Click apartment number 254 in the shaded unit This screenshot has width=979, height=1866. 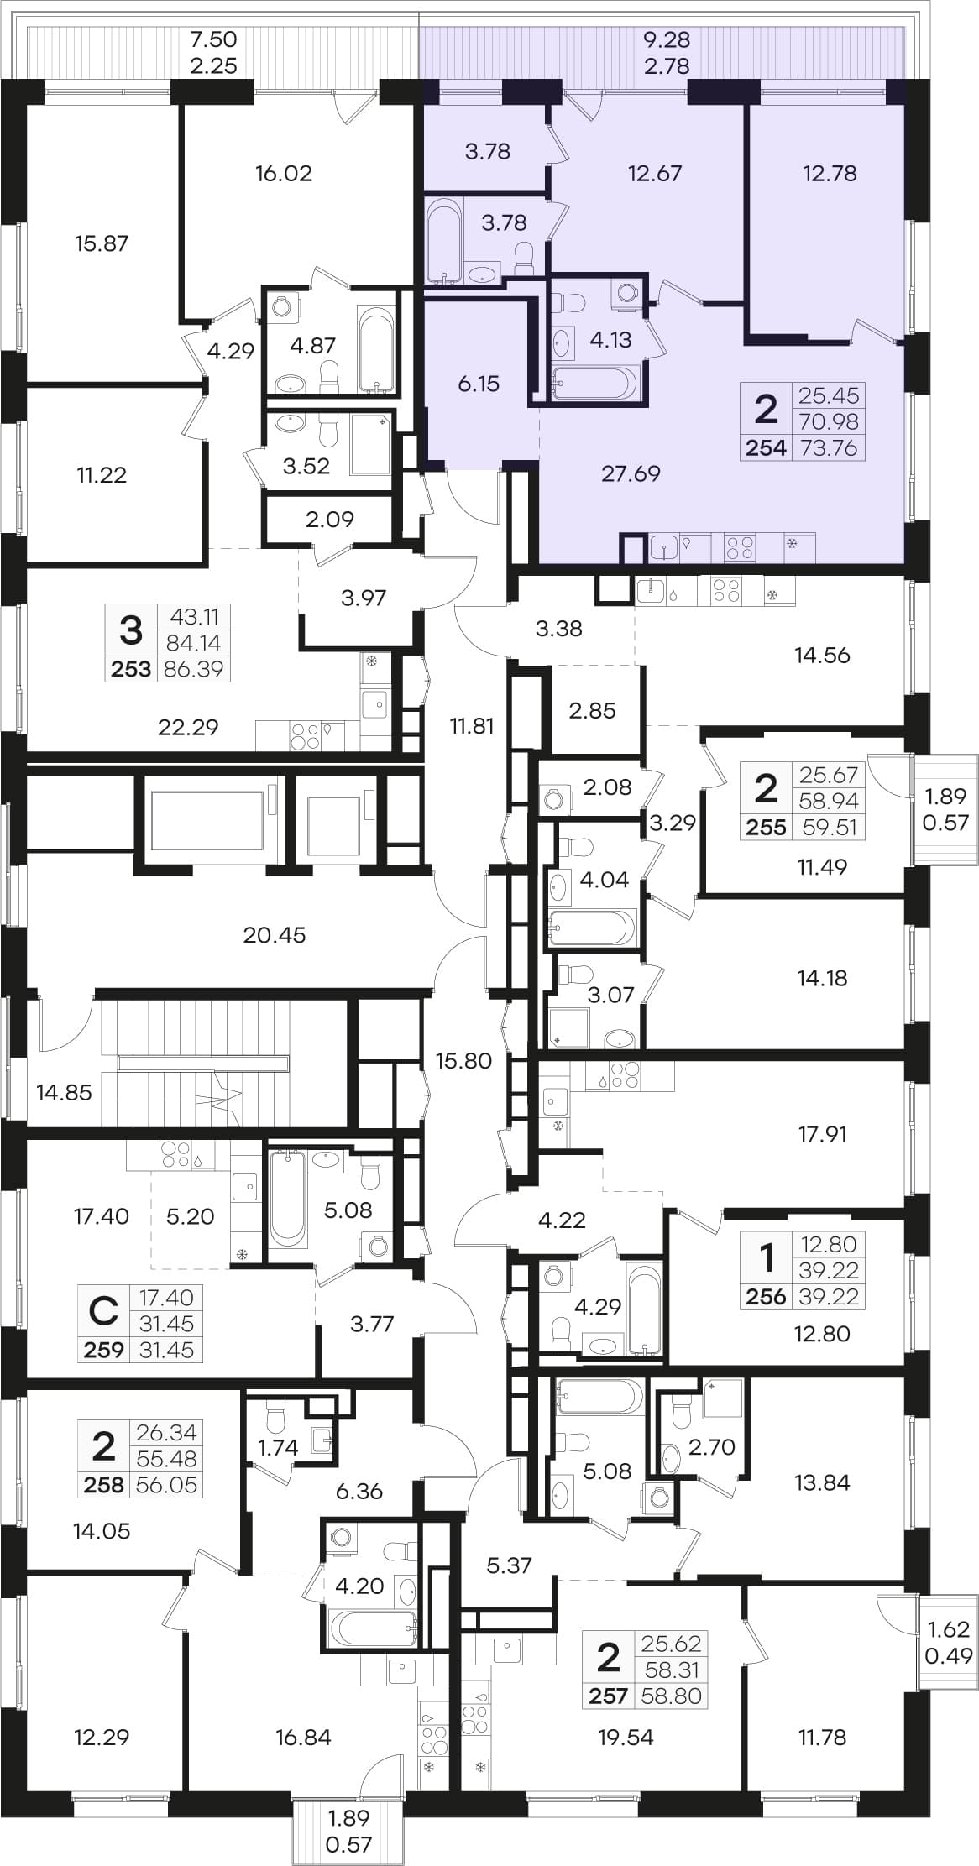click(766, 447)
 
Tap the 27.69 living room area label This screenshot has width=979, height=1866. click(631, 473)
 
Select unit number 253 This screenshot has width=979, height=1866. click(131, 669)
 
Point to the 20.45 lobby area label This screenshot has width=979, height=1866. click(275, 934)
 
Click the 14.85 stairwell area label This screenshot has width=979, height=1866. click(64, 1092)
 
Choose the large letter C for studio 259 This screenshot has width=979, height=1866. click(103, 1310)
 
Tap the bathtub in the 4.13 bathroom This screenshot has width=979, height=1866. click(595, 382)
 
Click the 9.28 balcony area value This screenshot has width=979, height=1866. click(667, 39)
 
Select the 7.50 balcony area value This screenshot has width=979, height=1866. click(213, 39)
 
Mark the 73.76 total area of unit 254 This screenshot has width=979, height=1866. click(829, 447)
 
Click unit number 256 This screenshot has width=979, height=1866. click(766, 1296)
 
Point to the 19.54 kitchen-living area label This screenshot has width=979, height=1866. click(626, 1737)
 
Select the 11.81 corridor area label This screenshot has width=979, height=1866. click(472, 725)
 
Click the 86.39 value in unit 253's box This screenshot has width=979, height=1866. click(194, 669)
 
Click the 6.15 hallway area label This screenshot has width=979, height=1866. click(479, 384)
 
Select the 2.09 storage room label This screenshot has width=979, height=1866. click(329, 519)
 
